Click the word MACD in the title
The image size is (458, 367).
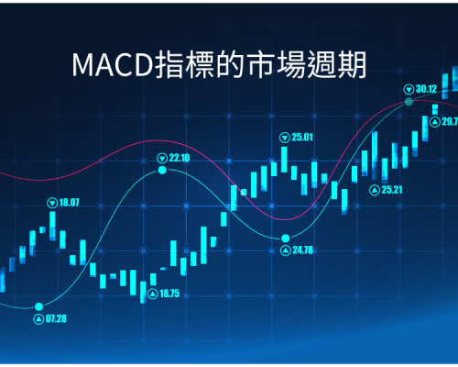[114, 64]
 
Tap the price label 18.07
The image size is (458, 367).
[69, 203]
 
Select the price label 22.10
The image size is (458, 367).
[180, 158]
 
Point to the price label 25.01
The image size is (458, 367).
[302, 138]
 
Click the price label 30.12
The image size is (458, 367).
[426, 89]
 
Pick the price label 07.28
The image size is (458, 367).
[56, 319]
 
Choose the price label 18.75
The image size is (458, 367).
[169, 294]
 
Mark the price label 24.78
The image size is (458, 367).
[303, 250]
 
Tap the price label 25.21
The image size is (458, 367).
[392, 190]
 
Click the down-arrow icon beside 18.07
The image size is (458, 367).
[52, 203]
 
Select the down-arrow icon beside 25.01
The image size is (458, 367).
[285, 138]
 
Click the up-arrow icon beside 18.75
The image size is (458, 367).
[153, 295]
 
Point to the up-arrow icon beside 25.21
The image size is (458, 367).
[375, 190]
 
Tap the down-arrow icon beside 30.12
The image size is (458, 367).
[409, 90]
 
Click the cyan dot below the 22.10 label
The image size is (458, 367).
[162, 170]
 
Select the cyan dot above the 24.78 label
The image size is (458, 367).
[286, 238]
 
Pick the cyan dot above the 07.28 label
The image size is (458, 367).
[38, 306]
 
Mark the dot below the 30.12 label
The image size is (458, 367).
[409, 102]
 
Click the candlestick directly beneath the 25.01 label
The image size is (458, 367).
[284, 160]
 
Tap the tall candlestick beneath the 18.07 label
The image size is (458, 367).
[52, 226]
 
